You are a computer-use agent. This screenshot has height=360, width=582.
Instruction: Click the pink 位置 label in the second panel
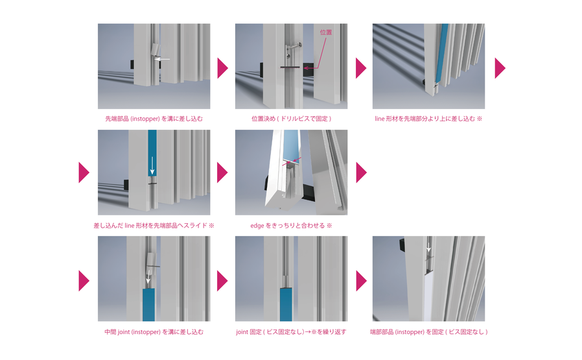[x=325, y=32]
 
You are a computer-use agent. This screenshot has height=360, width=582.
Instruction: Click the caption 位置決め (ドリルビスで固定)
[x=292, y=119]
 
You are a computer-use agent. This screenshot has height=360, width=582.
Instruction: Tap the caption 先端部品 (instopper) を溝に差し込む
[x=154, y=119]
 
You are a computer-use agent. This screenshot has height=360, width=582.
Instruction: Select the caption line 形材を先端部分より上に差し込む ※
[x=428, y=119]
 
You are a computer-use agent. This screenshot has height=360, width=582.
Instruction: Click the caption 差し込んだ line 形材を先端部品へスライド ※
[x=154, y=226]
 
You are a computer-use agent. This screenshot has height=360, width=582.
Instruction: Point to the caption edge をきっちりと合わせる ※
[x=291, y=226]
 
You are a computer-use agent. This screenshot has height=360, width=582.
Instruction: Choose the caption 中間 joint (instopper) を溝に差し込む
[x=154, y=331]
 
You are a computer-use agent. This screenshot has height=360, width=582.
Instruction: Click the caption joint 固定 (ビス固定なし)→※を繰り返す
[x=292, y=331]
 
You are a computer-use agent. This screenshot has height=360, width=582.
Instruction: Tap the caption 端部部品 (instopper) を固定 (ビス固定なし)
[x=428, y=331]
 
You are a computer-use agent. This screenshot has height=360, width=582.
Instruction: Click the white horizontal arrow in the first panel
[x=162, y=59]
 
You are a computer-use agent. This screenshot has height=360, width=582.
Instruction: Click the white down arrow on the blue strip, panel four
[x=152, y=165]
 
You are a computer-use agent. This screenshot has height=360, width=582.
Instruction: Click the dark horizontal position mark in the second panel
[x=290, y=67]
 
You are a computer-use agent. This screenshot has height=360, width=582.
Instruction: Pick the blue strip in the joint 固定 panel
[x=286, y=304]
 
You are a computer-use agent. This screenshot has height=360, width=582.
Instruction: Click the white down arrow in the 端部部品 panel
[x=428, y=247]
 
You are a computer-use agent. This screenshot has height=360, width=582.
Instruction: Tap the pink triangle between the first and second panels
[x=222, y=68]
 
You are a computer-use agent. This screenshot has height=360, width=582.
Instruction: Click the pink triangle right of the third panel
[x=500, y=68]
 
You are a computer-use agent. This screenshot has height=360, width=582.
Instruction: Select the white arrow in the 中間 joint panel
[x=148, y=277]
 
